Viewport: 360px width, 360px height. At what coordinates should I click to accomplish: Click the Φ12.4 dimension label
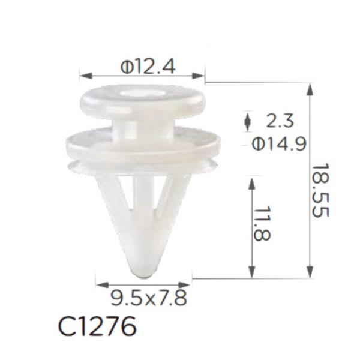(x=148, y=67)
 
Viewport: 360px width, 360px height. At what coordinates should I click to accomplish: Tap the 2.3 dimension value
(x=280, y=121)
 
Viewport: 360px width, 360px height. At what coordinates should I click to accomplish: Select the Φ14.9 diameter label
(x=279, y=144)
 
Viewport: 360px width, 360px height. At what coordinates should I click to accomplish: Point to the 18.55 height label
(x=320, y=190)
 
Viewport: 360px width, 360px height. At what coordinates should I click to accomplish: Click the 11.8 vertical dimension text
(x=262, y=224)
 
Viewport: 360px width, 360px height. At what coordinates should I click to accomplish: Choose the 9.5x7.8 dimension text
(x=149, y=298)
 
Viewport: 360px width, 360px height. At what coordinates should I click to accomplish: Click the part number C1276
(x=97, y=326)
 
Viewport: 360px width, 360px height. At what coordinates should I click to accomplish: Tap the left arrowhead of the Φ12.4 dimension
(x=86, y=76)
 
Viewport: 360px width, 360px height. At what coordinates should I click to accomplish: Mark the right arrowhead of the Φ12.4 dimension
(x=198, y=76)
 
